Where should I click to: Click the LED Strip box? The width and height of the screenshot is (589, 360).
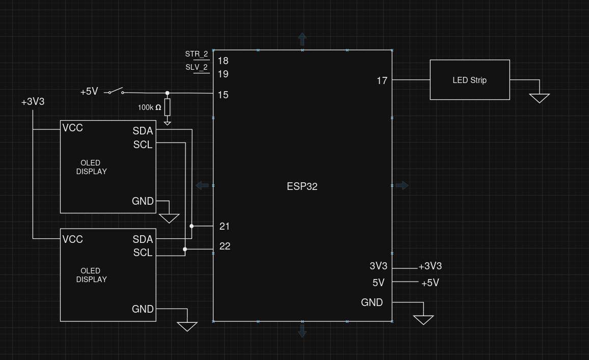pyautogui.click(x=469, y=80)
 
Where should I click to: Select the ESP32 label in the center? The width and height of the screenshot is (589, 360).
pyautogui.click(x=302, y=186)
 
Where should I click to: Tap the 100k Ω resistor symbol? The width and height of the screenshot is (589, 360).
pyautogui.click(x=167, y=107)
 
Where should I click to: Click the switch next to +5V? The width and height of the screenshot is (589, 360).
pyautogui.click(x=116, y=91)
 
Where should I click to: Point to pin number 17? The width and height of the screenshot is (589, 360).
pyautogui.click(x=382, y=80)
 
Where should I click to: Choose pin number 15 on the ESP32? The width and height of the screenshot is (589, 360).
pyautogui.click(x=223, y=95)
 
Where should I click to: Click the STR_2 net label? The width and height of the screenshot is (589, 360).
pyautogui.click(x=196, y=54)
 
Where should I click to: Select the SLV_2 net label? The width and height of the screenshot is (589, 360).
pyautogui.click(x=196, y=67)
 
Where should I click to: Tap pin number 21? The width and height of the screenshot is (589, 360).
pyautogui.click(x=224, y=226)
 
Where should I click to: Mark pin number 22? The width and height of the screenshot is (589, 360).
pyautogui.click(x=225, y=246)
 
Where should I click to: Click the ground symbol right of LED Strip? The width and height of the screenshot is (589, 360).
pyautogui.click(x=539, y=98)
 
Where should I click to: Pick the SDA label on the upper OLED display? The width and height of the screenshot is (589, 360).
pyautogui.click(x=143, y=131)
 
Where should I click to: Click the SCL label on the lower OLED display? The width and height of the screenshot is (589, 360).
pyautogui.click(x=143, y=253)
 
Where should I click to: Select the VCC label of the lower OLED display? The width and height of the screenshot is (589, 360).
pyautogui.click(x=72, y=239)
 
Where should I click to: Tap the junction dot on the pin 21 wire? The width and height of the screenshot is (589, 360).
pyautogui.click(x=192, y=226)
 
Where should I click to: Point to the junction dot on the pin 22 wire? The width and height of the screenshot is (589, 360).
pyautogui.click(x=185, y=249)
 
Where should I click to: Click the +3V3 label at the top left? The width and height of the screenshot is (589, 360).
pyautogui.click(x=33, y=102)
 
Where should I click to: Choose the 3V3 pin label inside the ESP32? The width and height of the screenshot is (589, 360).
pyautogui.click(x=378, y=266)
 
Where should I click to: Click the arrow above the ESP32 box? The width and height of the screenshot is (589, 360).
pyautogui.click(x=302, y=39)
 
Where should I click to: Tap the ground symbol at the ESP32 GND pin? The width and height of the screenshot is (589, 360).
pyautogui.click(x=423, y=319)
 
